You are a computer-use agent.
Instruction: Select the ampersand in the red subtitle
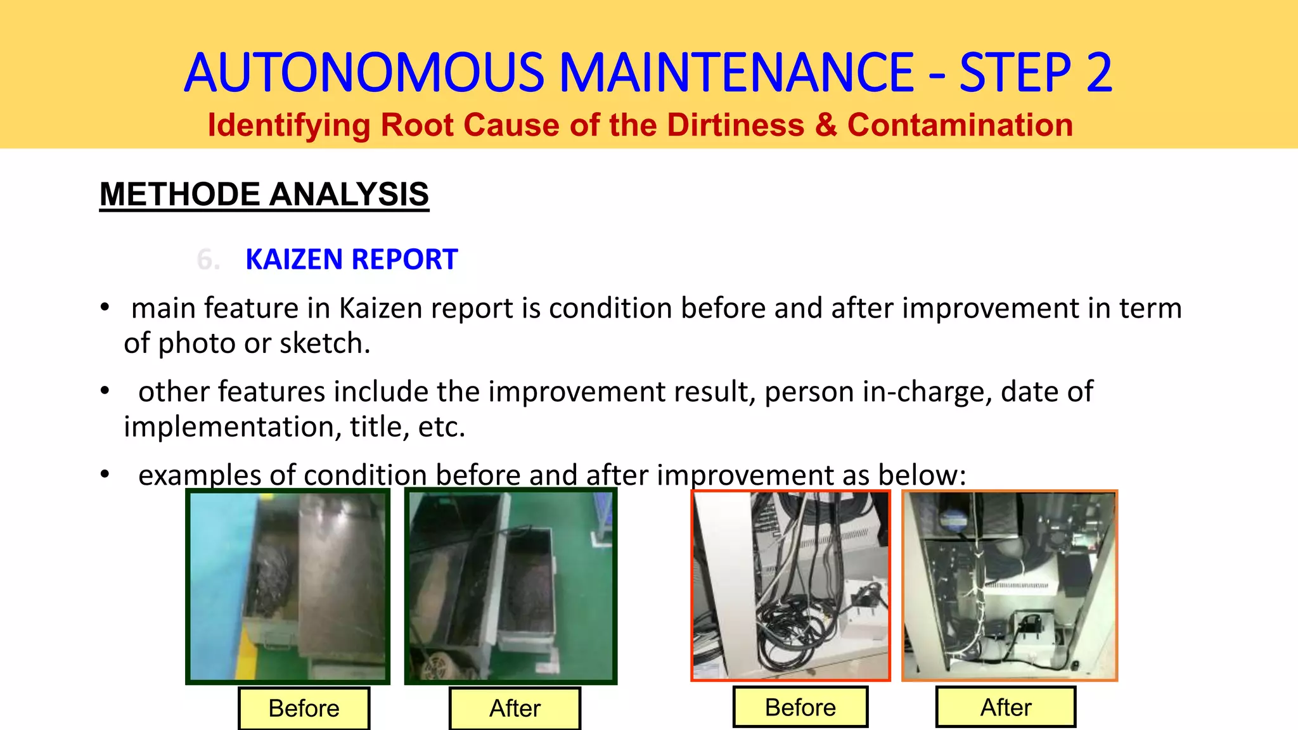coord(826,125)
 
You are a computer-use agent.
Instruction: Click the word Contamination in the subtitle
coord(960,125)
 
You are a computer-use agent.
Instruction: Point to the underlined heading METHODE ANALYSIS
coord(264,194)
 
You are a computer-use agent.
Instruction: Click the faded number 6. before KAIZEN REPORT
coord(208,260)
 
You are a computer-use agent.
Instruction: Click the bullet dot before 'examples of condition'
coord(105,475)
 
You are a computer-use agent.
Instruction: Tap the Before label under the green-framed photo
coord(304,708)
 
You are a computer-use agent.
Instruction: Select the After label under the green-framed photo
coord(515,708)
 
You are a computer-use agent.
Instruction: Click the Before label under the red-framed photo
coord(800,707)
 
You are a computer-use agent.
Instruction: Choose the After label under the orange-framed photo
coord(1006,707)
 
